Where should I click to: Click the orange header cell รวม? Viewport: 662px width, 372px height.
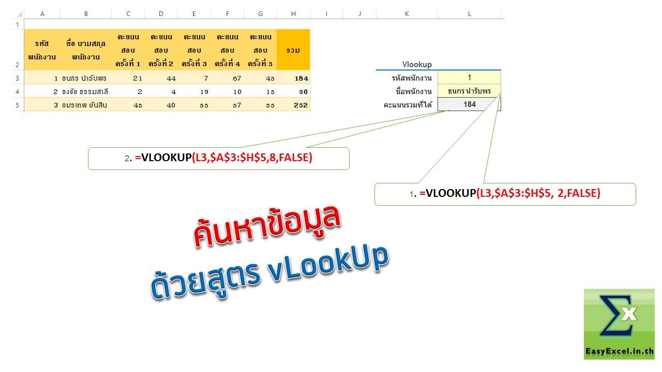click(x=293, y=50)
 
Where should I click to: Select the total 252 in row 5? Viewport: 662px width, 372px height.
click(x=300, y=105)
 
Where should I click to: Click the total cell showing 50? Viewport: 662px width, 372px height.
click(x=303, y=92)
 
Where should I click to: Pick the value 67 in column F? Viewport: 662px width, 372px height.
click(x=237, y=79)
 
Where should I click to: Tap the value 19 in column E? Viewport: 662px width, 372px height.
click(x=204, y=92)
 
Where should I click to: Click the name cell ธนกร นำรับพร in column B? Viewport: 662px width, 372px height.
click(x=84, y=78)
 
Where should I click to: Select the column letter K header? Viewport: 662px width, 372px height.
click(x=407, y=13)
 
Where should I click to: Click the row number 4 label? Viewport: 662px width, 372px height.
click(x=17, y=92)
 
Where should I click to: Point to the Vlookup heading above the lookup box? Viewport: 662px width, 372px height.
click(x=417, y=65)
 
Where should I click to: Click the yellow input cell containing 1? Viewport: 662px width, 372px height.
click(x=469, y=78)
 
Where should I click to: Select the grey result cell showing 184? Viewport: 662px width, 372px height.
click(x=469, y=104)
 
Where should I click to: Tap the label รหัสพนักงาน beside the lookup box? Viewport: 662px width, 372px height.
click(x=412, y=78)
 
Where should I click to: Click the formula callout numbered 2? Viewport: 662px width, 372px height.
click(x=219, y=159)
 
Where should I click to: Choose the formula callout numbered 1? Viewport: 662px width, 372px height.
click(x=505, y=194)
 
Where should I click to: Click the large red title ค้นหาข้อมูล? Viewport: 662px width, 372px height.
click(x=267, y=226)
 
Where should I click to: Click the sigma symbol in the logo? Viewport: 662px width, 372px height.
click(x=615, y=315)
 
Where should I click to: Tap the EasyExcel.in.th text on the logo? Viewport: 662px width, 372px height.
click(x=620, y=351)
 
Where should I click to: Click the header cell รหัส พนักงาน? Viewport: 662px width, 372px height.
click(x=42, y=50)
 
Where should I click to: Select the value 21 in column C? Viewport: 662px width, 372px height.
click(x=138, y=79)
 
